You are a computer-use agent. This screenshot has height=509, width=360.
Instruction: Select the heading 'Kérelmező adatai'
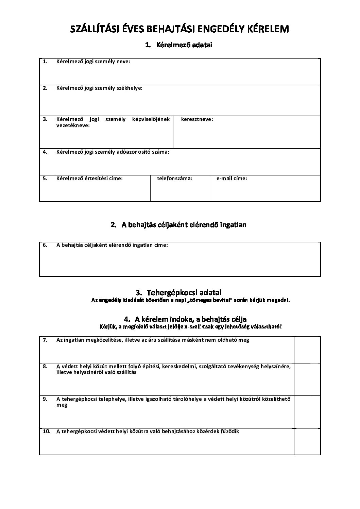coord(184,45)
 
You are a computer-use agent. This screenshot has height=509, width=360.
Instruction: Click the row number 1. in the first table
coord(45,62)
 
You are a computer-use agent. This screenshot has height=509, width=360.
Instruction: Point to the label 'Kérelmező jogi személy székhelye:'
coord(99,88)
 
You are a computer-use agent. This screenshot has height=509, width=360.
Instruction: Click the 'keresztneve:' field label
coord(197,119)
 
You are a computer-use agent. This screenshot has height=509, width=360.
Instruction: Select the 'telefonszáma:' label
coord(174,178)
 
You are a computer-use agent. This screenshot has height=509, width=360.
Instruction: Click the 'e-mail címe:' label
coord(232,178)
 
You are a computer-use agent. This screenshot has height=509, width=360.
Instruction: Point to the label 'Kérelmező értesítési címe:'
coord(89,178)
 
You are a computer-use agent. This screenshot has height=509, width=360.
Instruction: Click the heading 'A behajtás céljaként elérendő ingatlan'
coord(184,225)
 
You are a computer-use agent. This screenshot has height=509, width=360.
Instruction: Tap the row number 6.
coord(45,245)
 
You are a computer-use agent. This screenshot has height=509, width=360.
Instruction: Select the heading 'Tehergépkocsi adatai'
coord(184,292)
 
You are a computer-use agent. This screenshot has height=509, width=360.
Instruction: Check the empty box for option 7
coord(307,350)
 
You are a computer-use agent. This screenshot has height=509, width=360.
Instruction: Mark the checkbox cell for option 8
coord(307,379)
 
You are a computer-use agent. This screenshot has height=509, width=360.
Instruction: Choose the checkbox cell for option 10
coord(307,441)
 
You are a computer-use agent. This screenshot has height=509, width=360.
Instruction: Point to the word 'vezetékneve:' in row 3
coord(73,125)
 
